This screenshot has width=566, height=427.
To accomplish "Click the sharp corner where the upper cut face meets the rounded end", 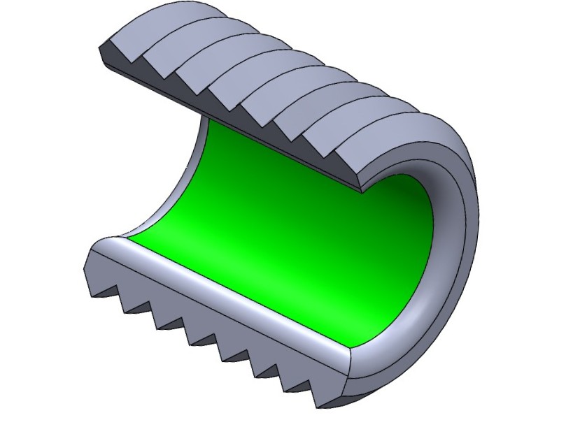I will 361,189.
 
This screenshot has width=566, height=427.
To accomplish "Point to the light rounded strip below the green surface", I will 231,294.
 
